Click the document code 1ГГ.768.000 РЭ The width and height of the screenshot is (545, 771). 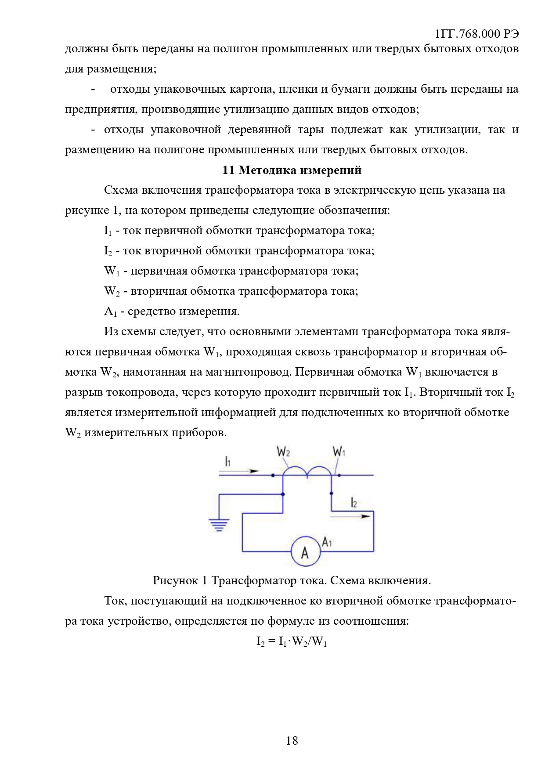pyautogui.click(x=476, y=34)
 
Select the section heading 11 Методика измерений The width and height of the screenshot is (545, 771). pyautogui.click(x=292, y=170)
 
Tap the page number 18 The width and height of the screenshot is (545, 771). pyautogui.click(x=292, y=741)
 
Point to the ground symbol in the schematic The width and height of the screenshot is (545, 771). pyautogui.click(x=219, y=525)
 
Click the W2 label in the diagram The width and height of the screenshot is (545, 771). pyautogui.click(x=283, y=452)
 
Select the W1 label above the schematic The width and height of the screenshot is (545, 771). pyautogui.click(x=339, y=452)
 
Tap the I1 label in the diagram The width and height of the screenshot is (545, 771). pyautogui.click(x=227, y=461)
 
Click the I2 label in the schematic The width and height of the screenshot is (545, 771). pyautogui.click(x=354, y=503)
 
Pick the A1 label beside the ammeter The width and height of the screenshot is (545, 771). pyautogui.click(x=327, y=542)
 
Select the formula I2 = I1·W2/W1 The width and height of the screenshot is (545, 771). pyautogui.click(x=292, y=642)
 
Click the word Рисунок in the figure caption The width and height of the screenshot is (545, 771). pyautogui.click(x=175, y=581)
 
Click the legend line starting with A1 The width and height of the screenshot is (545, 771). pyautogui.click(x=172, y=311)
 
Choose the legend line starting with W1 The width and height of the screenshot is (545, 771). pyautogui.click(x=231, y=271)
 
